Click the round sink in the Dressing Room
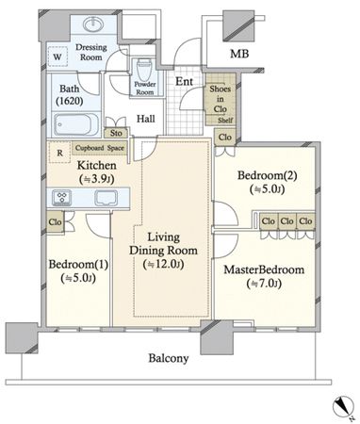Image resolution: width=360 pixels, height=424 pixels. click(93, 24)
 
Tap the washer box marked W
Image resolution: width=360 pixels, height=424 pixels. click(57, 57)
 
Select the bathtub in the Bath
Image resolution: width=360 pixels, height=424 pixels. click(76, 124)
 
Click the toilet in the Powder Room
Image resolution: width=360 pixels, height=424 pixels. click(145, 69)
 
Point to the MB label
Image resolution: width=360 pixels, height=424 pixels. click(239, 54)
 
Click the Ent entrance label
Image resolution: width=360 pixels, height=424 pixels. click(184, 82)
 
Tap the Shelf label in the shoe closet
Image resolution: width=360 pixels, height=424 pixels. click(225, 121)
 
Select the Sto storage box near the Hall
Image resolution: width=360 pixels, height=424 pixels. click(116, 133)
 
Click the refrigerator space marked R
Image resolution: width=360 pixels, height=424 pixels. click(59, 153)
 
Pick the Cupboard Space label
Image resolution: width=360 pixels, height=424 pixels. click(100, 148)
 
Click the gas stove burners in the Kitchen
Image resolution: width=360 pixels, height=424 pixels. click(61, 198)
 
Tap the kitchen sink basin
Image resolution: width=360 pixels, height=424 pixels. click(106, 198)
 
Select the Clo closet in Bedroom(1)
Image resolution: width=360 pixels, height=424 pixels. click(56, 221)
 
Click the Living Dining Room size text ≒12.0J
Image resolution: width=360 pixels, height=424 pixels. click(163, 265)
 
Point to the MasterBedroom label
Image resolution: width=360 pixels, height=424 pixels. click(264, 269)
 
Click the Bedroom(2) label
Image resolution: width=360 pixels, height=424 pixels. click(267, 175)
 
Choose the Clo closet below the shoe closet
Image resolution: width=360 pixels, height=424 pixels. click(225, 137)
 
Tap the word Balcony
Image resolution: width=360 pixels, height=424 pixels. click(169, 358)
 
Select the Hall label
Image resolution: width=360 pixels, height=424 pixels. click(146, 119)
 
